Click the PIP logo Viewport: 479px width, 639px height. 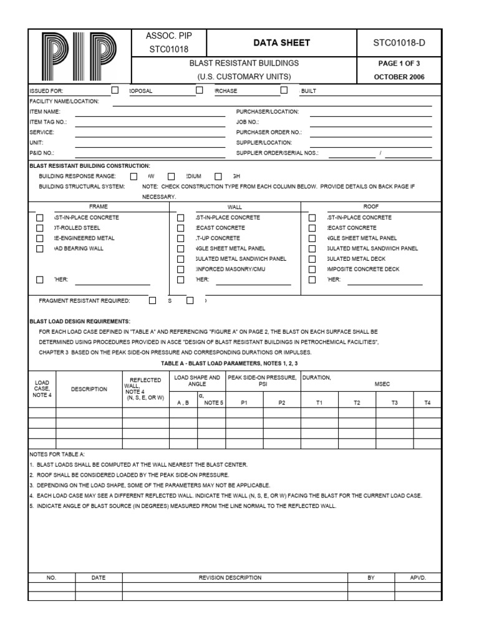click(80, 56)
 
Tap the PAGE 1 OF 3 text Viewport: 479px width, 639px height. click(400, 63)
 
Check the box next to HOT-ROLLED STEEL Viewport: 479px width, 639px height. click(40, 228)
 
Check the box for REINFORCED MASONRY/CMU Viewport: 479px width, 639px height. click(181, 270)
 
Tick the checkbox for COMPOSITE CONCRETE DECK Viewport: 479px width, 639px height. click(312, 270)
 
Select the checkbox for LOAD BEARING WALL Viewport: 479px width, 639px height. click(40, 249)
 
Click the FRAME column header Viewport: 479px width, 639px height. click(99, 206)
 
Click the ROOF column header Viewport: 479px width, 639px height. click(371, 206)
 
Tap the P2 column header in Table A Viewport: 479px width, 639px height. click(282, 403)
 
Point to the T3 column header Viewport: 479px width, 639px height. click(395, 403)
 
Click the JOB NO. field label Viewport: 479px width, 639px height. click(247, 122)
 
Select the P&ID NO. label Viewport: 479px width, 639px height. click(42, 152)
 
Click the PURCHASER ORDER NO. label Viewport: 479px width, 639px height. click(269, 132)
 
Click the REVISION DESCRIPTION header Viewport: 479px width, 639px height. click(230, 578)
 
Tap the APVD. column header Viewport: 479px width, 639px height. click(418, 578)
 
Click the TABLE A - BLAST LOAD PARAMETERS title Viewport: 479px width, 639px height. click(230, 363)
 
